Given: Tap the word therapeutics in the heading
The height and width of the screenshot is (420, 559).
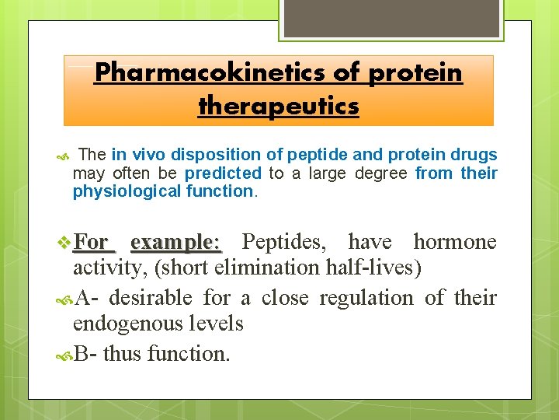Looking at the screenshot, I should (279, 105).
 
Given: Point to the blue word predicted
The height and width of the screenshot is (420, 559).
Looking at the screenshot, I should (224, 173).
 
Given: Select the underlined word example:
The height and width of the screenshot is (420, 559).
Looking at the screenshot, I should (176, 242).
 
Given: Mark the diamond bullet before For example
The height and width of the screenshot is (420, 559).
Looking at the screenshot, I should (65, 242).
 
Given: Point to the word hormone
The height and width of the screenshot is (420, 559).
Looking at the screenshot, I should (454, 242).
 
